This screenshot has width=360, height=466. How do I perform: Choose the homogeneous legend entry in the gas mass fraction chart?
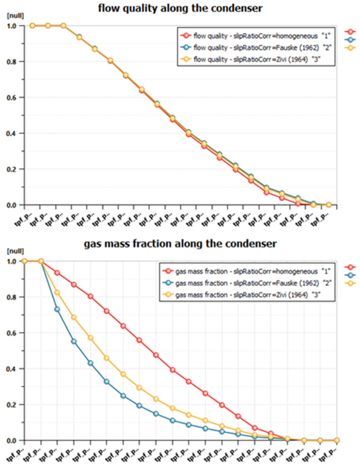[x=238, y=270]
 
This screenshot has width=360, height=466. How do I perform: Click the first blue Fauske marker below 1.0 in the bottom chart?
[x=57, y=309]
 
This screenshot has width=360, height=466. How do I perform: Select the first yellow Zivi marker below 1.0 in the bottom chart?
[x=57, y=293]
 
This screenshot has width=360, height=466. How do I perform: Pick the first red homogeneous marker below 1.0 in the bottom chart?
[x=57, y=273]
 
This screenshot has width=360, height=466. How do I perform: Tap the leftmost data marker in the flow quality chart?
[x=32, y=25]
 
